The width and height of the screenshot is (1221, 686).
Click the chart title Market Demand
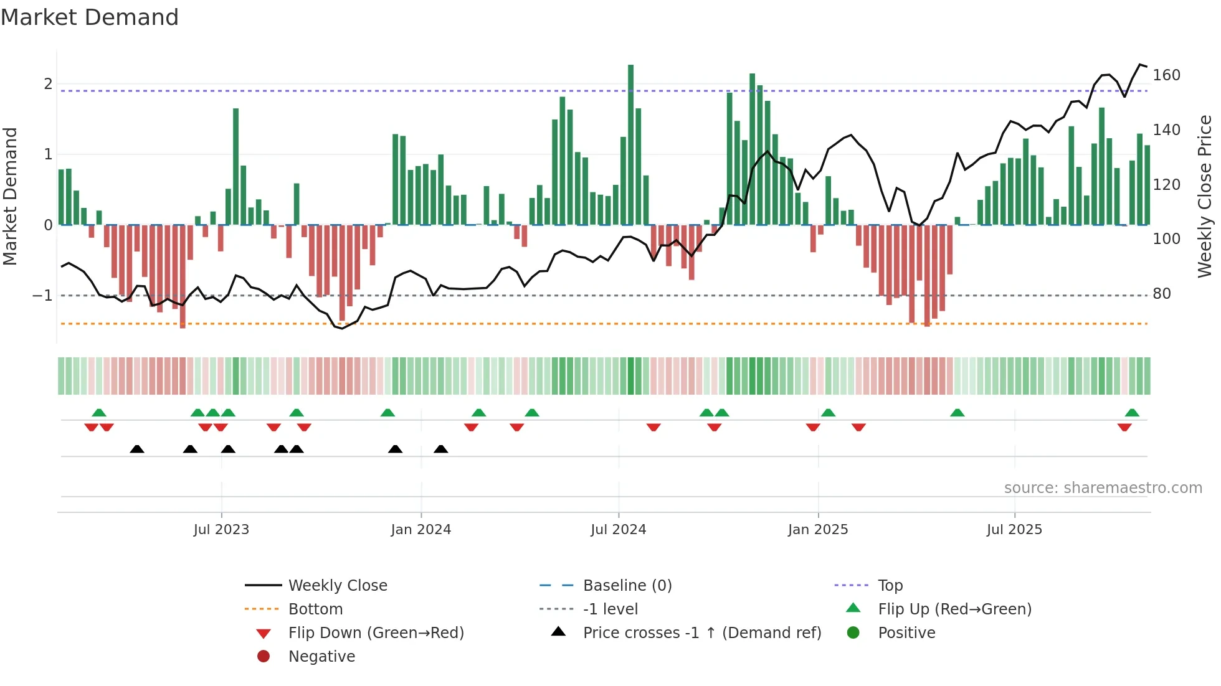[x=90, y=17]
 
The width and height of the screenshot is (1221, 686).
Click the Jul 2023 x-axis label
[x=221, y=530]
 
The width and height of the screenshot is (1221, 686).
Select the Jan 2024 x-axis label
[x=420, y=530]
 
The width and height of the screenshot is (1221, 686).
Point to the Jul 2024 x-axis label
[x=618, y=530]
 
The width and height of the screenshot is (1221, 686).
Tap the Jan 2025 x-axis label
[x=817, y=530]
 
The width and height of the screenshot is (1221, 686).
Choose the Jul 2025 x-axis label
[x=1014, y=530]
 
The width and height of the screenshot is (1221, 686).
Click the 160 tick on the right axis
[x=1166, y=75]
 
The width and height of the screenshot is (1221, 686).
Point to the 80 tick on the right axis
[x=1161, y=294]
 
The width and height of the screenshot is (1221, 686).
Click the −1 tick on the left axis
[x=42, y=296]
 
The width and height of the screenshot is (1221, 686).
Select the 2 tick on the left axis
[x=48, y=84]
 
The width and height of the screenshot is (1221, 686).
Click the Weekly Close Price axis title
[x=1205, y=196]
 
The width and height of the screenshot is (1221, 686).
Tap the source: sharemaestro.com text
[x=1103, y=488]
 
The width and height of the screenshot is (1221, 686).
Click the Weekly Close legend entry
[x=337, y=586]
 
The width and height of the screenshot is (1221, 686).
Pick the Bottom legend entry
[x=315, y=609]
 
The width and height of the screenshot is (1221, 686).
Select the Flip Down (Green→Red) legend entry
[x=376, y=633]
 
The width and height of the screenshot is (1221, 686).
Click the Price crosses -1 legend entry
[x=701, y=633]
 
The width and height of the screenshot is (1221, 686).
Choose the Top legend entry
[x=890, y=586]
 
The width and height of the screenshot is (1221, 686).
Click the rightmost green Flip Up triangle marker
[x=1132, y=413]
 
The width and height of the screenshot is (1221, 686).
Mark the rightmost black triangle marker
[x=440, y=449]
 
